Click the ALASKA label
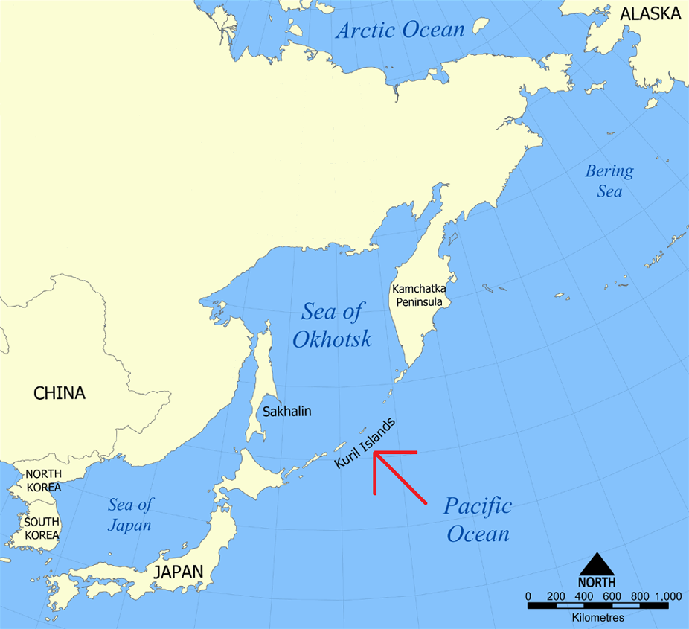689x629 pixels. coord(650,13)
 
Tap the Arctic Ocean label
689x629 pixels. coord(400,30)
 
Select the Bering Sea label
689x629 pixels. coord(609,181)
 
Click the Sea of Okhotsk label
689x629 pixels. coord(332,325)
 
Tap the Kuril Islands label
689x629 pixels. coord(365,442)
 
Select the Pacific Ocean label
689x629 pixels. coord(478,520)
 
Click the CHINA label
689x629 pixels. coord(60,393)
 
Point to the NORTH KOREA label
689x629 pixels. coord(43,481)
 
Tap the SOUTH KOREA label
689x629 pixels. coord(42,528)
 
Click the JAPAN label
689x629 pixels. coord(178,572)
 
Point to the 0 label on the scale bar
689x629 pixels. coord(528,596)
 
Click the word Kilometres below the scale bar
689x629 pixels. coord(599,618)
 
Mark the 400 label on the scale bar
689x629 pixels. coord(584,596)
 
